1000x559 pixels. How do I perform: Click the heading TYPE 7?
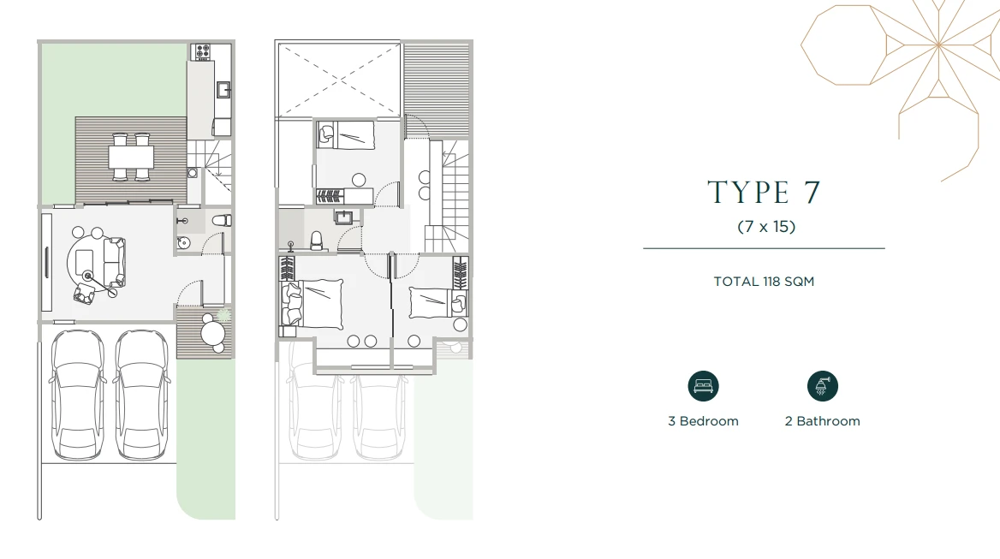(x=764, y=192)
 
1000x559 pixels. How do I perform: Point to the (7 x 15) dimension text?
(x=766, y=226)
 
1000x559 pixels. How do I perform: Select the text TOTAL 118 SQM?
(x=764, y=281)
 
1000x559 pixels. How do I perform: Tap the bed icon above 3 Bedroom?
(x=703, y=385)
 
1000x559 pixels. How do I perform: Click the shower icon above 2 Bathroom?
(x=822, y=385)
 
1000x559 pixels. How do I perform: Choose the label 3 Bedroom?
(x=703, y=420)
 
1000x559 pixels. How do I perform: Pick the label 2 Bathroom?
(x=822, y=420)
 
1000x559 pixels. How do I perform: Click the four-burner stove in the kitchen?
(x=202, y=51)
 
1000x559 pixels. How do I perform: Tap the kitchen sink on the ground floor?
(x=223, y=90)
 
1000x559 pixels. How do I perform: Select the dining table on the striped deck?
(x=131, y=157)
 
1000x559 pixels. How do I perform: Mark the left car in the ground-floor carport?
(x=77, y=394)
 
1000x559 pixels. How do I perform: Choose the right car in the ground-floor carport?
(x=142, y=394)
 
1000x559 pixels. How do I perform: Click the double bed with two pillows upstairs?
(x=312, y=304)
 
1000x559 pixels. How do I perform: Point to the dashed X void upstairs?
(x=338, y=80)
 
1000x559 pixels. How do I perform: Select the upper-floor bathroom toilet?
(x=316, y=241)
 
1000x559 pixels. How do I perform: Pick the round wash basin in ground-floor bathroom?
(x=183, y=242)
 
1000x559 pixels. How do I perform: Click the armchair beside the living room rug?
(x=84, y=294)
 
